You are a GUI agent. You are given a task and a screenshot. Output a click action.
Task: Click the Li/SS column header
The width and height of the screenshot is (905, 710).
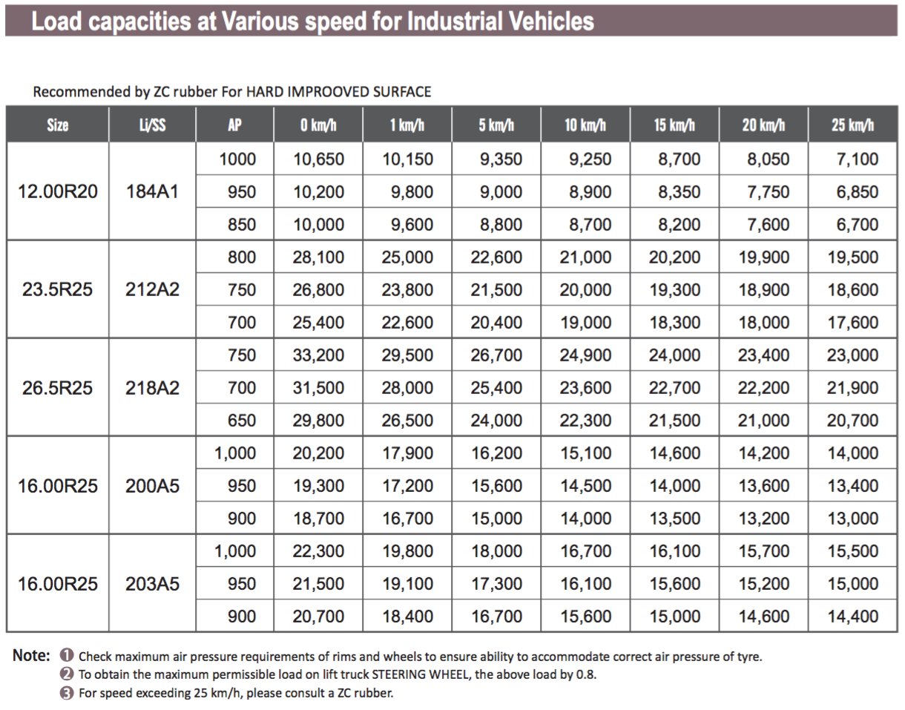[152, 125]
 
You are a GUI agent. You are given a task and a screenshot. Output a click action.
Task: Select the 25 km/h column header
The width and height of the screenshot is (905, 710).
[852, 125]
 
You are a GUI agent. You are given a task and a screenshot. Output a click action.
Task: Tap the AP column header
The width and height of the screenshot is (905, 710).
[235, 125]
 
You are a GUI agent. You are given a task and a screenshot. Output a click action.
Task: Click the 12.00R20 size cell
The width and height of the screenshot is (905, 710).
[58, 192]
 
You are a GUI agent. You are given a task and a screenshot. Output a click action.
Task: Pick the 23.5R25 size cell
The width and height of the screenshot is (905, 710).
[58, 290]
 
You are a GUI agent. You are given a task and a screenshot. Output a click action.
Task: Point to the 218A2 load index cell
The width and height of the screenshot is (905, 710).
[152, 388]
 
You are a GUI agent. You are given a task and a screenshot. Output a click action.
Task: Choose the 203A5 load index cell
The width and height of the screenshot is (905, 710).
[152, 584]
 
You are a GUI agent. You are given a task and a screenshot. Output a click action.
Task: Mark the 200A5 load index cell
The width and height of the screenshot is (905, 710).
[152, 486]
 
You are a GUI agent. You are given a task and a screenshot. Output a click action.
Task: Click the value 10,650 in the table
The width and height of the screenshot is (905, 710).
[318, 160]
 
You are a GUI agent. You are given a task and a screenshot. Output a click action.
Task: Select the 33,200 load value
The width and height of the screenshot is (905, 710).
[318, 355]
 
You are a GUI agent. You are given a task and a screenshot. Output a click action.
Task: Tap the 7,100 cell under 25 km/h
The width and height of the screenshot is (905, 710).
[857, 160]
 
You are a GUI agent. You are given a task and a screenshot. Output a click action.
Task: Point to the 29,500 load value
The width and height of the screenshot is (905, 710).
[407, 355]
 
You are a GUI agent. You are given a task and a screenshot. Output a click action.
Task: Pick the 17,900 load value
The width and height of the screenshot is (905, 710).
[407, 453]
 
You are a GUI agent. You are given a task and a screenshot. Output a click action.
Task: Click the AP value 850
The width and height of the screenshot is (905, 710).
[242, 225]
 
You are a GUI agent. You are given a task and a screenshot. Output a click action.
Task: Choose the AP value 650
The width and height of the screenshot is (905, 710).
[242, 421]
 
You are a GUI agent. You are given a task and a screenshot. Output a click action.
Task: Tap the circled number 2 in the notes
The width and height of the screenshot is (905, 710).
[67, 675]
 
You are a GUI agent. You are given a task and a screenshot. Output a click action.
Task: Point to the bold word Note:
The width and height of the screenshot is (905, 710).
[32, 656]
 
